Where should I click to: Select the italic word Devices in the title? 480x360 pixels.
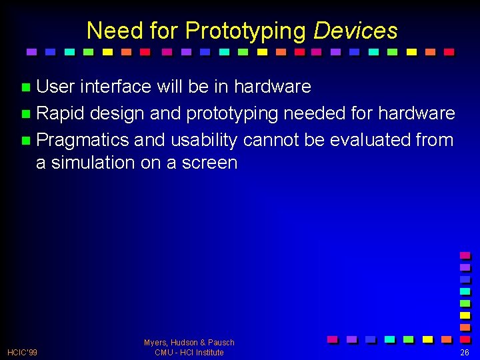[x=355, y=31]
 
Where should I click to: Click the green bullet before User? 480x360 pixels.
[x=26, y=87]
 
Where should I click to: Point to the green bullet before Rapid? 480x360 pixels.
[x=26, y=113]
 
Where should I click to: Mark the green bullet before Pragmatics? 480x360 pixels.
[x=26, y=141]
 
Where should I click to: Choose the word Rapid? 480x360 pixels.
[x=60, y=113]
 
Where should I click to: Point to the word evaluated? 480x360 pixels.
[x=363, y=140]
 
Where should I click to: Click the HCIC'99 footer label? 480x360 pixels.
[x=22, y=352]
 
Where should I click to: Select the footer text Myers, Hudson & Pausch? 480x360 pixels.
[x=189, y=342]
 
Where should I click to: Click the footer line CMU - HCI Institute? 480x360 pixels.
[x=189, y=352]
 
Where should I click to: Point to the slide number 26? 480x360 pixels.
[x=465, y=352]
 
